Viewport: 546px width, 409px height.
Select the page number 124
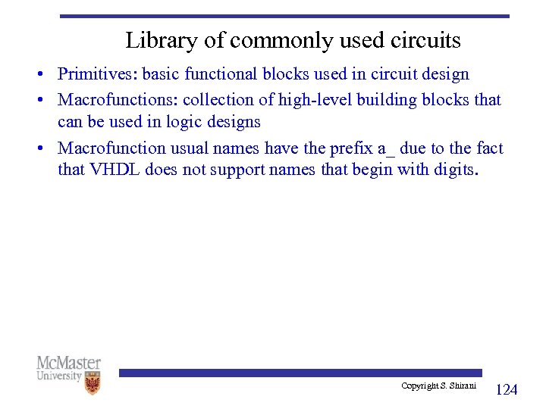point(506,390)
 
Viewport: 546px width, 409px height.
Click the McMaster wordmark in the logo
point(68,363)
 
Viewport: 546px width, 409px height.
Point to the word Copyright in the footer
point(419,386)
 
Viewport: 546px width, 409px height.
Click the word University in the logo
point(59,376)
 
